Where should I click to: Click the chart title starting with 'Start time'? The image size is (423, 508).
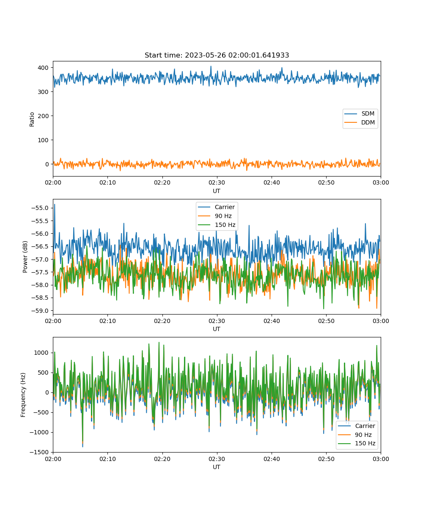click(217, 55)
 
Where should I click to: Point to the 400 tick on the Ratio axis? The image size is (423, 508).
click(43, 68)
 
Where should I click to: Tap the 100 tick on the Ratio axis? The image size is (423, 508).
click(43, 140)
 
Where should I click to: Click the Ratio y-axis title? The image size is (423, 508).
click(32, 119)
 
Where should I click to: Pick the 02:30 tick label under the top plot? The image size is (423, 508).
click(217, 182)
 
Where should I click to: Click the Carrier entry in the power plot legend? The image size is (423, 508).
click(216, 207)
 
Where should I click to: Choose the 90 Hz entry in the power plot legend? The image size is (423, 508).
click(215, 216)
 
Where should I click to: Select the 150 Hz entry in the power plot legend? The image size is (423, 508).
click(217, 225)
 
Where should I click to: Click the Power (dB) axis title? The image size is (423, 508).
click(25, 257)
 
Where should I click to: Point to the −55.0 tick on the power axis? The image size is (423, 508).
click(40, 208)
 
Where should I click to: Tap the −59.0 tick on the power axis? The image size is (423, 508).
click(40, 311)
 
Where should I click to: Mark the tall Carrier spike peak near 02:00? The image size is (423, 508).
click(55, 204)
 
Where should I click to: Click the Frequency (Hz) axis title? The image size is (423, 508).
click(23, 395)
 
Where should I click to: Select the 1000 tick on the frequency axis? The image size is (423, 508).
click(41, 353)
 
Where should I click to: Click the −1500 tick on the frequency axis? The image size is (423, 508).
click(39, 452)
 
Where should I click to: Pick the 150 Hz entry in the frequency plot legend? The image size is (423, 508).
click(357, 443)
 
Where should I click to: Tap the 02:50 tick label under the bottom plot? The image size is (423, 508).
click(326, 458)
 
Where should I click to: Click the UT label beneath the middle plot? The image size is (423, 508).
click(216, 329)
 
